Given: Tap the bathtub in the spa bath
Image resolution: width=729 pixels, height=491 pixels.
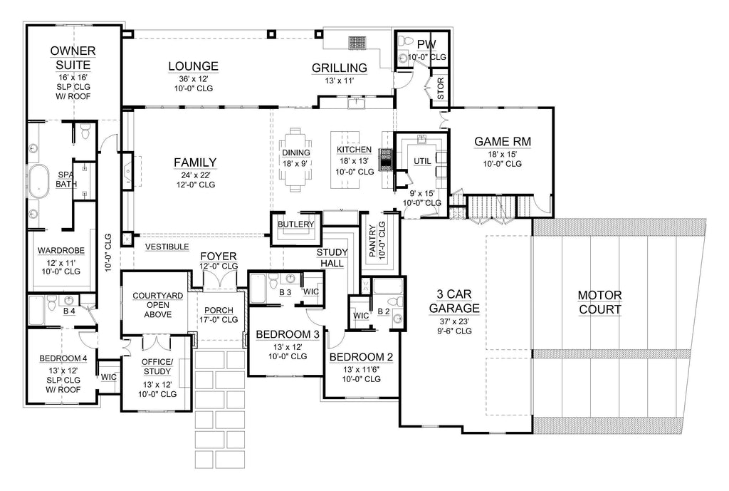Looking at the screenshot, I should (x=39, y=181).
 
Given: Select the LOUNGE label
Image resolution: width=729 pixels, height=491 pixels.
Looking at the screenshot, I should (x=193, y=66).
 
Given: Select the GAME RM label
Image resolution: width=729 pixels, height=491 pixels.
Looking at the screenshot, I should (x=503, y=141).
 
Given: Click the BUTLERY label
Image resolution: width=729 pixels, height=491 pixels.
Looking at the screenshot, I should (x=296, y=224).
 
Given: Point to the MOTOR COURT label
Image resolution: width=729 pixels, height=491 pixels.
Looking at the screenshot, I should (x=599, y=301).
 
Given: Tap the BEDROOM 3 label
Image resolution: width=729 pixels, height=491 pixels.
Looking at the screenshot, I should (x=282, y=334).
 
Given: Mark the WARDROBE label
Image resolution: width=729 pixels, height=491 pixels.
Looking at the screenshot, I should (x=62, y=251).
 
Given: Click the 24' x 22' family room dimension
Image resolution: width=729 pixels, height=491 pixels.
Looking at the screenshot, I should (x=195, y=175).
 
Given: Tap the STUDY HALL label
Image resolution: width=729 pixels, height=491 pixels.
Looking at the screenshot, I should (x=332, y=258).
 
